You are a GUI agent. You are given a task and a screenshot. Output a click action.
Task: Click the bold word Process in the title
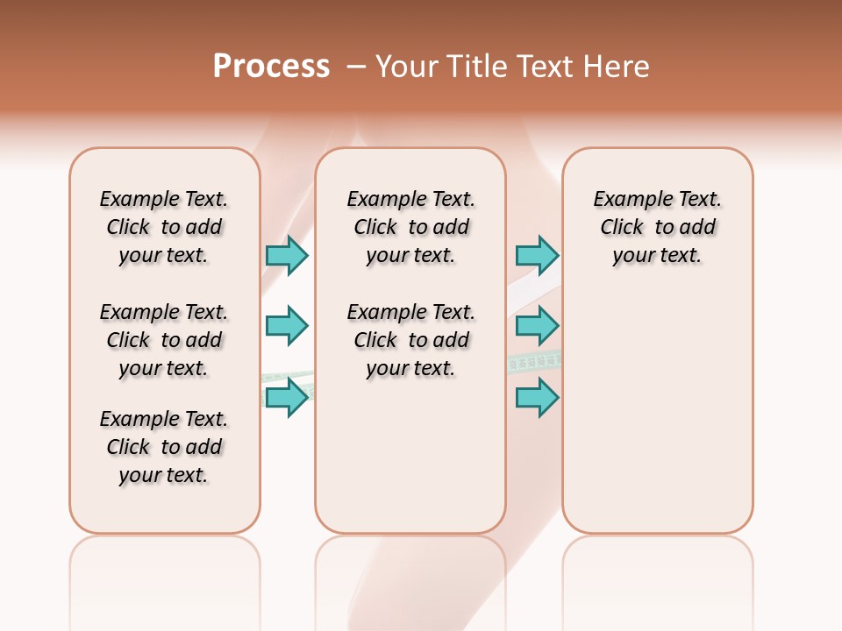(271, 67)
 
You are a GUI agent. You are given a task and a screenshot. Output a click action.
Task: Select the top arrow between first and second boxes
(287, 255)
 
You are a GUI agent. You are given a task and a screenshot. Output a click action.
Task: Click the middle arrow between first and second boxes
(287, 326)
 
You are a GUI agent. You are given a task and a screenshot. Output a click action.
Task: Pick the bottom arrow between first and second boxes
(287, 397)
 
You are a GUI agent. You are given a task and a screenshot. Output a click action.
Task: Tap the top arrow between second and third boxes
(537, 255)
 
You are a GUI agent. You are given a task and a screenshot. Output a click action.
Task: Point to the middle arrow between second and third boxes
(537, 326)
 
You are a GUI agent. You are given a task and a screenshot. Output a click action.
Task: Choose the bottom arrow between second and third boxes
(537, 397)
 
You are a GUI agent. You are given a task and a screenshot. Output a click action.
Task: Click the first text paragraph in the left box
(164, 227)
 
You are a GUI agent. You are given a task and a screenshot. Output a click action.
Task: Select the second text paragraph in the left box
(164, 340)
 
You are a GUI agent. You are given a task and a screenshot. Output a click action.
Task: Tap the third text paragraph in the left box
(164, 447)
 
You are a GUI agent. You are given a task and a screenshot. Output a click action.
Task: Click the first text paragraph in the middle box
(410, 227)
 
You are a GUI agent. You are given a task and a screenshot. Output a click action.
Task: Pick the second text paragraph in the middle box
(410, 340)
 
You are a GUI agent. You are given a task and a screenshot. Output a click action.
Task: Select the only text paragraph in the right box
(657, 227)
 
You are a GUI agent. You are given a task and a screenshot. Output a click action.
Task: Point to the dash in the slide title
(356, 67)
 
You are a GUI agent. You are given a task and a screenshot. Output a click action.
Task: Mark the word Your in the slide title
(407, 67)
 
